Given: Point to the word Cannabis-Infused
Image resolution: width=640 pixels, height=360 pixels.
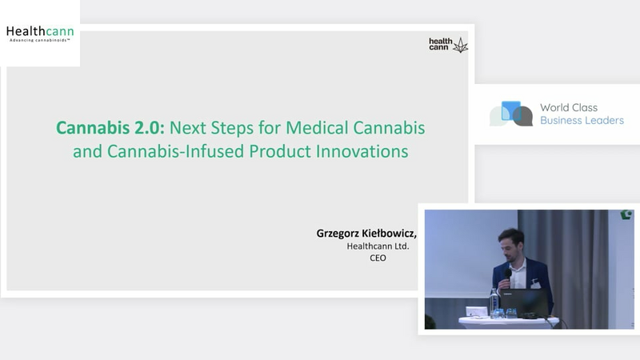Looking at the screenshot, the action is point(175,151).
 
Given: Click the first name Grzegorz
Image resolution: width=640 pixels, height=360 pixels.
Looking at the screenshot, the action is point(338,234).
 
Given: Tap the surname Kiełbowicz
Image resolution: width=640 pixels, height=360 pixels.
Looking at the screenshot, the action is point(390,233).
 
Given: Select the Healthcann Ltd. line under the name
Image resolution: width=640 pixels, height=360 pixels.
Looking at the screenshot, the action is point(378,246).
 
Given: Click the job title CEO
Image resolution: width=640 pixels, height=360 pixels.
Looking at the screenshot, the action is point(378,258).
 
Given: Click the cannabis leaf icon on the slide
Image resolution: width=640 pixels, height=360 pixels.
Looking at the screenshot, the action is point(461,46).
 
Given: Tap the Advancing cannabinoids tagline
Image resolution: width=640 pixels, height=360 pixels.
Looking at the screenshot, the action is point(40,41).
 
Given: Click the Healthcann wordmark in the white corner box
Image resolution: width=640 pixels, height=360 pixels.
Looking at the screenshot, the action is point(40,31).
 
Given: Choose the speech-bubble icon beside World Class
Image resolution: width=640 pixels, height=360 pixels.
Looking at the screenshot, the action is point(511,114).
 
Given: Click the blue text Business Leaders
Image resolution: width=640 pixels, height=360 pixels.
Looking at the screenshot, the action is point(582,121).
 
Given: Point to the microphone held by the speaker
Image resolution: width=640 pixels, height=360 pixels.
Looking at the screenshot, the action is point(508,274).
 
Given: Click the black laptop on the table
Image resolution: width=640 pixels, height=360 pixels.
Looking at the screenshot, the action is point(525,302).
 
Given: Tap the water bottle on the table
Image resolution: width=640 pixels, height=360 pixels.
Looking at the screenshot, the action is point(494,302).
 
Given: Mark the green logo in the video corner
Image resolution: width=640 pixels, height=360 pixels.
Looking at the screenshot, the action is point(626,214).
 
